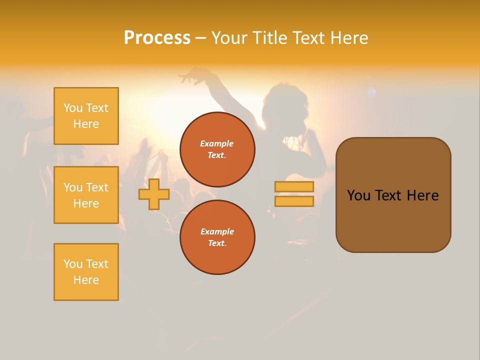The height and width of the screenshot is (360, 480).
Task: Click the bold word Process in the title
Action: point(157,38)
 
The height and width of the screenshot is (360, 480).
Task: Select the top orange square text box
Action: point(86,116)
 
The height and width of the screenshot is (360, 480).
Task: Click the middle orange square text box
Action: point(86,195)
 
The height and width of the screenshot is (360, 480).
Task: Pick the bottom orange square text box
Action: point(86,272)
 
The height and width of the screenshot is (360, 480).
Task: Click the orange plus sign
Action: point(154,194)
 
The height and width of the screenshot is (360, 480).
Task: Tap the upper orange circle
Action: point(217,149)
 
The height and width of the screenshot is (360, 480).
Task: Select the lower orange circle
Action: point(217,237)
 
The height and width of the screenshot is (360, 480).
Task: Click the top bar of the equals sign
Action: point(294,186)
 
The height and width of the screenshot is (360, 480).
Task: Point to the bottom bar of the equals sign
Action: point(294,201)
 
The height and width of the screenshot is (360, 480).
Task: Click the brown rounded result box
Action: point(393,195)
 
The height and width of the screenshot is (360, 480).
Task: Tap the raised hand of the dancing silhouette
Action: point(192,76)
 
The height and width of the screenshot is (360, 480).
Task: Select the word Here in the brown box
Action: point(422,195)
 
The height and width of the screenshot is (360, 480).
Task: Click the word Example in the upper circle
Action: point(217,143)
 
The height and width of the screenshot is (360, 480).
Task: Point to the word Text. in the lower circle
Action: point(217,243)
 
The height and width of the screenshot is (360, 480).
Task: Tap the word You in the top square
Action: point(73,108)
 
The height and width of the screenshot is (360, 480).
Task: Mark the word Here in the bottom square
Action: point(86,280)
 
